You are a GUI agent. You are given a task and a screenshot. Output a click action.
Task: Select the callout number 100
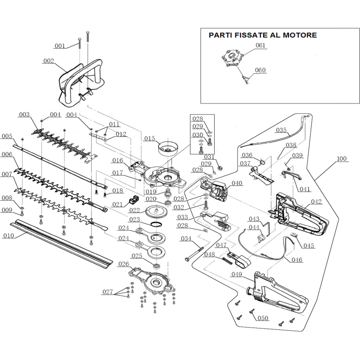tap(342, 159)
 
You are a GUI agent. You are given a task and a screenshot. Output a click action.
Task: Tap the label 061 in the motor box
tap(261, 45)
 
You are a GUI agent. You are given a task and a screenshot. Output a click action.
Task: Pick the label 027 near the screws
tap(108, 292)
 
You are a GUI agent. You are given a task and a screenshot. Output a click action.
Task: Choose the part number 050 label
tap(262, 318)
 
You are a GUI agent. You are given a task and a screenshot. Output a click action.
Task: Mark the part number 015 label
tap(149, 138)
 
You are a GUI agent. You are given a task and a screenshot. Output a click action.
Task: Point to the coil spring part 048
tap(229, 261)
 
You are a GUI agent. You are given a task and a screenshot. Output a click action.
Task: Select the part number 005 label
tap(7, 136)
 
